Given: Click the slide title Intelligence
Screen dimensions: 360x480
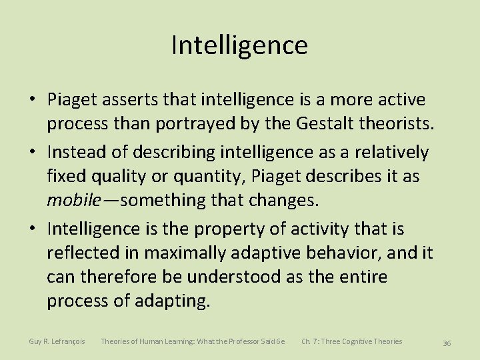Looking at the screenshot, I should tap(239, 45).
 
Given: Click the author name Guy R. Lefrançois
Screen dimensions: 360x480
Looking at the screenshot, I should tap(57, 341).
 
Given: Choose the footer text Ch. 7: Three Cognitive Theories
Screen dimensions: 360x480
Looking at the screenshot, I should tap(351, 341).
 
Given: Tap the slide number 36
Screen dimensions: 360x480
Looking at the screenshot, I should tap(447, 343).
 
